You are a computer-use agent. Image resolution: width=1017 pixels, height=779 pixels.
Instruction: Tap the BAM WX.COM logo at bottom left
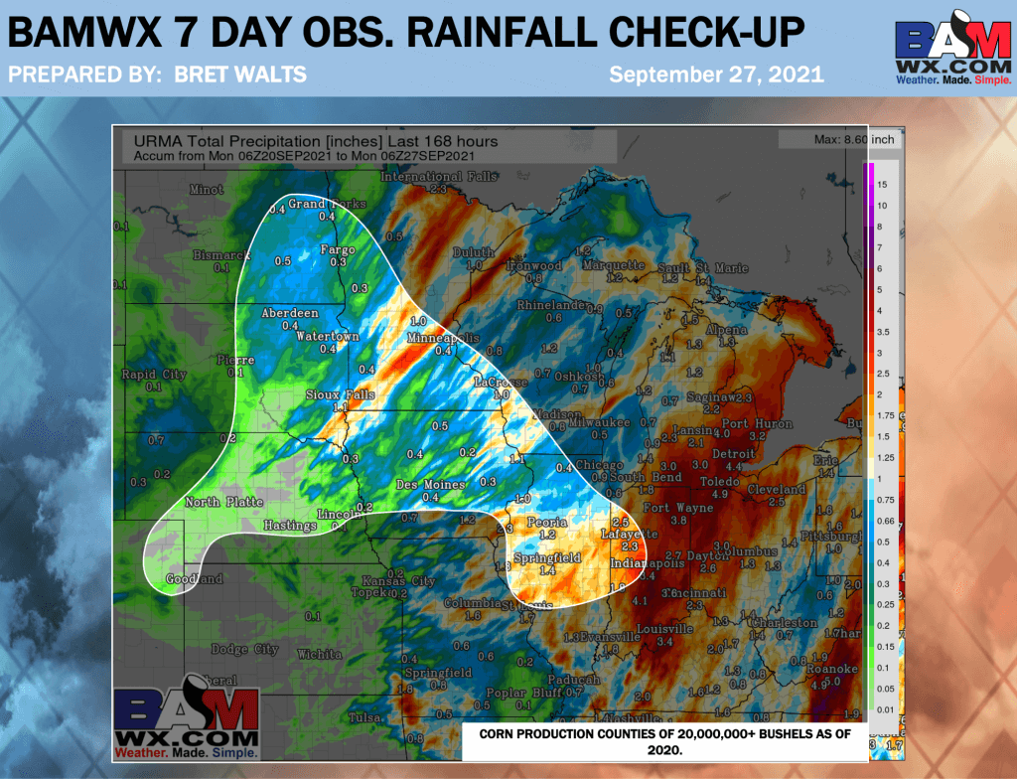[x=186, y=721]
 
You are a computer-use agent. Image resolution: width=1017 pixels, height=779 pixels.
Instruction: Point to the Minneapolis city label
[x=443, y=339]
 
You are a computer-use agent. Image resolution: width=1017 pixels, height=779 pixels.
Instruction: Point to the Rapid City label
[x=153, y=375]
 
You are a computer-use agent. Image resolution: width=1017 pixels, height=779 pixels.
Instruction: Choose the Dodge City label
[x=245, y=649]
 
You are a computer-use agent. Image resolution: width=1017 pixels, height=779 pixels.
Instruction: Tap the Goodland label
[x=194, y=578]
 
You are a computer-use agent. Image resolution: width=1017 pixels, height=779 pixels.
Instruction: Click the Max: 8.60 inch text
[x=853, y=140]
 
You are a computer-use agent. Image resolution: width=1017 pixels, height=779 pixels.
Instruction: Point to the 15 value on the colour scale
[x=882, y=186]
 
